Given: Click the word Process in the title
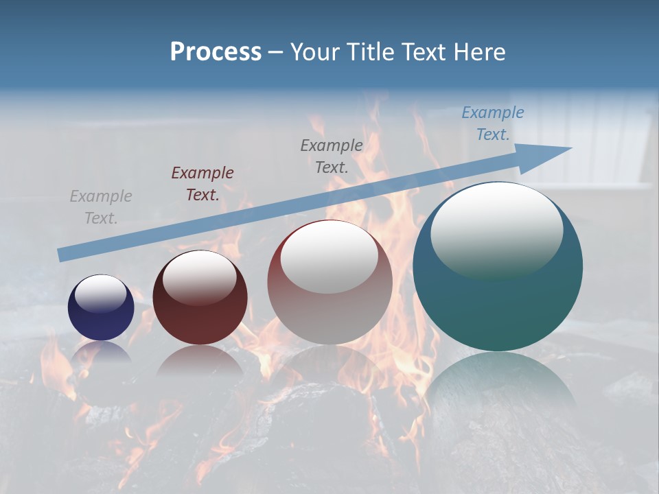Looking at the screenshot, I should (x=216, y=52).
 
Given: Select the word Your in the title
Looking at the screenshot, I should (x=316, y=52).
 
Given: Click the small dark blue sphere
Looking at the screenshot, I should (x=101, y=307).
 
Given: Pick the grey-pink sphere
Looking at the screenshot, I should (x=329, y=288).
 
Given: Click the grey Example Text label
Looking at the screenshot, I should (x=101, y=207).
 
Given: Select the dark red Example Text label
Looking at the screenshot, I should (x=203, y=184).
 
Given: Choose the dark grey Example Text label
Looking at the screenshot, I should (x=332, y=156).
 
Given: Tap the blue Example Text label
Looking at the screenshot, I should (x=493, y=123).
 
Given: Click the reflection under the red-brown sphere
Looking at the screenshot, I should (x=200, y=360).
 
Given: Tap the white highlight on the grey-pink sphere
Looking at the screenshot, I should (x=329, y=255).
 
